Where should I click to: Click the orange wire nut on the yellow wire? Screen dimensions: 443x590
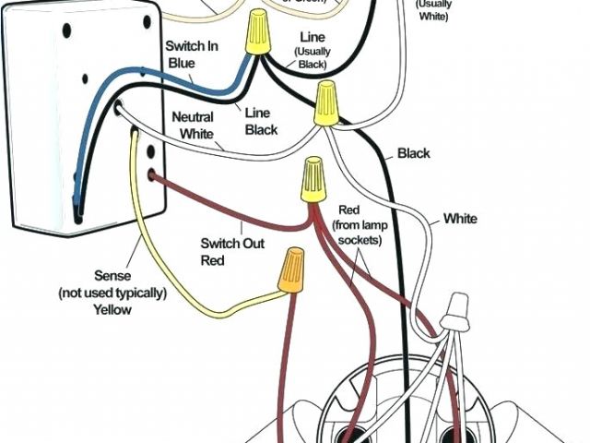click(294, 269)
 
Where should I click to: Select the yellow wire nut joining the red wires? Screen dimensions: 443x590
click(313, 179)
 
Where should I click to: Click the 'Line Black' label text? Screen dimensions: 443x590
click(262, 121)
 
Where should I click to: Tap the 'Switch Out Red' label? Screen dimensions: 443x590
click(231, 251)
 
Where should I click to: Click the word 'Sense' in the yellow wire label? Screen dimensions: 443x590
click(113, 276)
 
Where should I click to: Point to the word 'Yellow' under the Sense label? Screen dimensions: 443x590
click(112, 310)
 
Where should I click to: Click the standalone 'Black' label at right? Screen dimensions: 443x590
click(414, 153)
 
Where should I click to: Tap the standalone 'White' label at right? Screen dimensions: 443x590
click(460, 219)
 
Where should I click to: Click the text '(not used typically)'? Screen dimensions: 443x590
click(113, 293)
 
